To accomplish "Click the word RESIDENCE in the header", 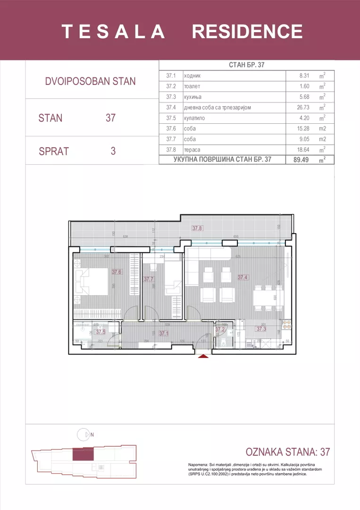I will [x=247, y=32].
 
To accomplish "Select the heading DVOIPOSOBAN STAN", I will [x=90, y=81].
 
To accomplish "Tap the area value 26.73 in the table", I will [x=301, y=107].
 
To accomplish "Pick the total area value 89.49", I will [x=301, y=160].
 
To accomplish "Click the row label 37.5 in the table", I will [x=170, y=118].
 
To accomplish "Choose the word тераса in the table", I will [x=193, y=150].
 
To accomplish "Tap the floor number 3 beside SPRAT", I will [x=113, y=151].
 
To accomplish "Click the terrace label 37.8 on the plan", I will [x=197, y=229].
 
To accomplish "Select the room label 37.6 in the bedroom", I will [x=117, y=272].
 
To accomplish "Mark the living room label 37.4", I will [x=243, y=278].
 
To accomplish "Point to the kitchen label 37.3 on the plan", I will [x=261, y=329].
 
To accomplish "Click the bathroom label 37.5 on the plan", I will [x=100, y=331].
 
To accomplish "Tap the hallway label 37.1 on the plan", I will [x=164, y=333].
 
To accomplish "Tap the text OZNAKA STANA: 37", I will [x=288, y=452].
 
